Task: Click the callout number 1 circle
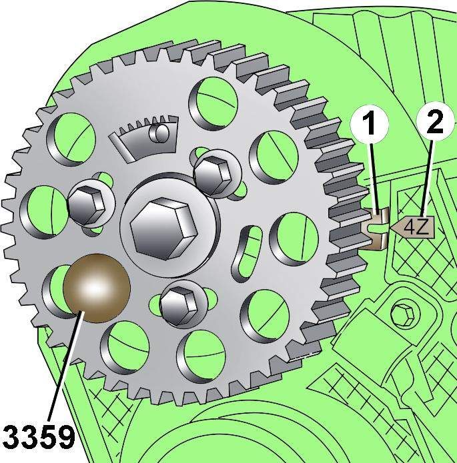pos(369,124)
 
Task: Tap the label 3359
pos(38,437)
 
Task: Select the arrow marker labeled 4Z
pos(412,227)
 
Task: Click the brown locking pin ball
pos(97,288)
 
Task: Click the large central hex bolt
pos(164,228)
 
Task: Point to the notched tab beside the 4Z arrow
pos(374,228)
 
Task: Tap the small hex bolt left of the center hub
pos(87,205)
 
